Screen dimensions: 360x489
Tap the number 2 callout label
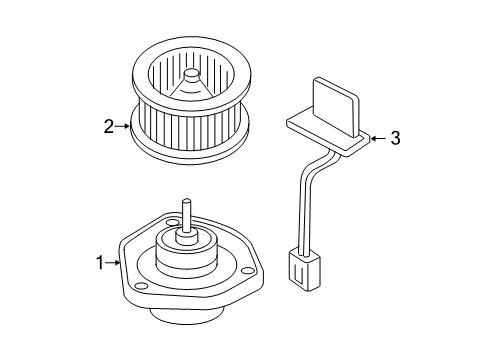click(108, 126)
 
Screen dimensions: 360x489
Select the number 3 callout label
click(394, 139)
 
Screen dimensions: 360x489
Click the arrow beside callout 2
click(123, 126)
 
